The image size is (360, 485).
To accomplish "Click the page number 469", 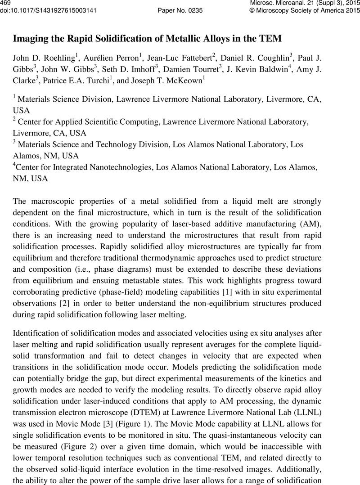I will pyautogui.click(x=6, y=3).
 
